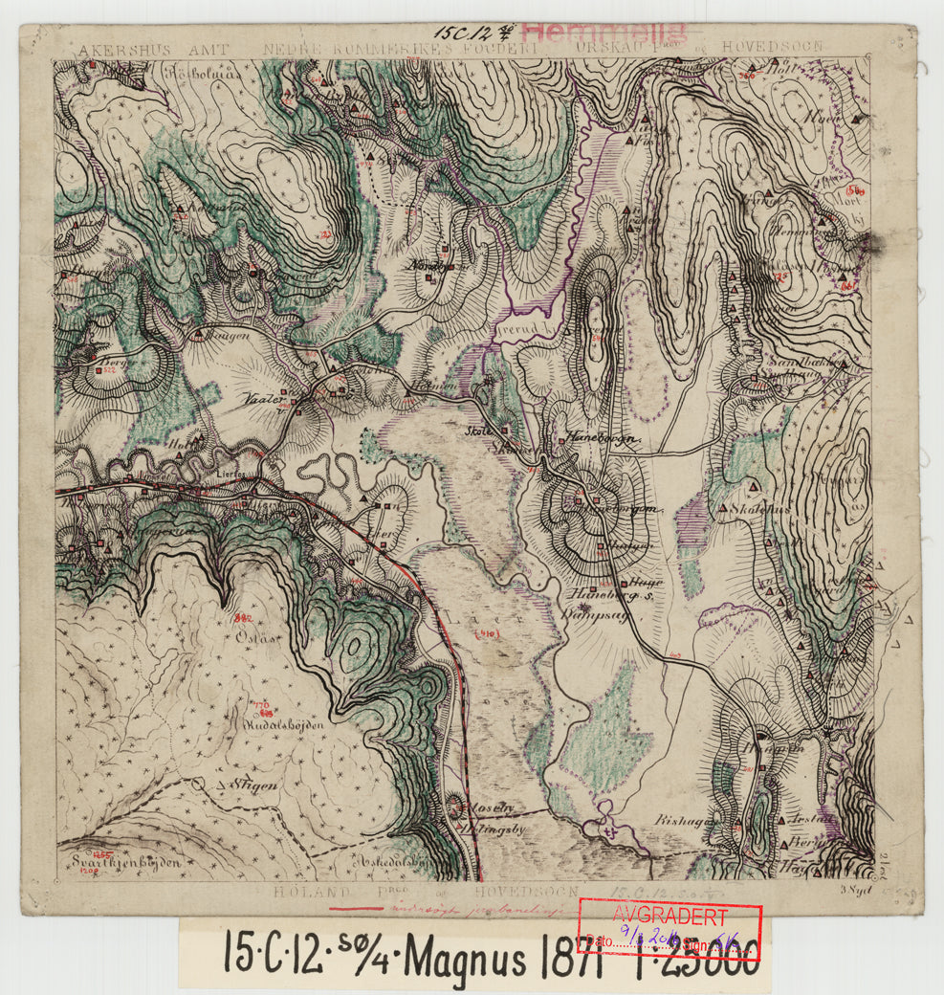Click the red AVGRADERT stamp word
coord(670,915)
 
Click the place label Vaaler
coord(262,398)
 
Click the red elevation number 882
coord(243,618)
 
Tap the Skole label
coord(478,431)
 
